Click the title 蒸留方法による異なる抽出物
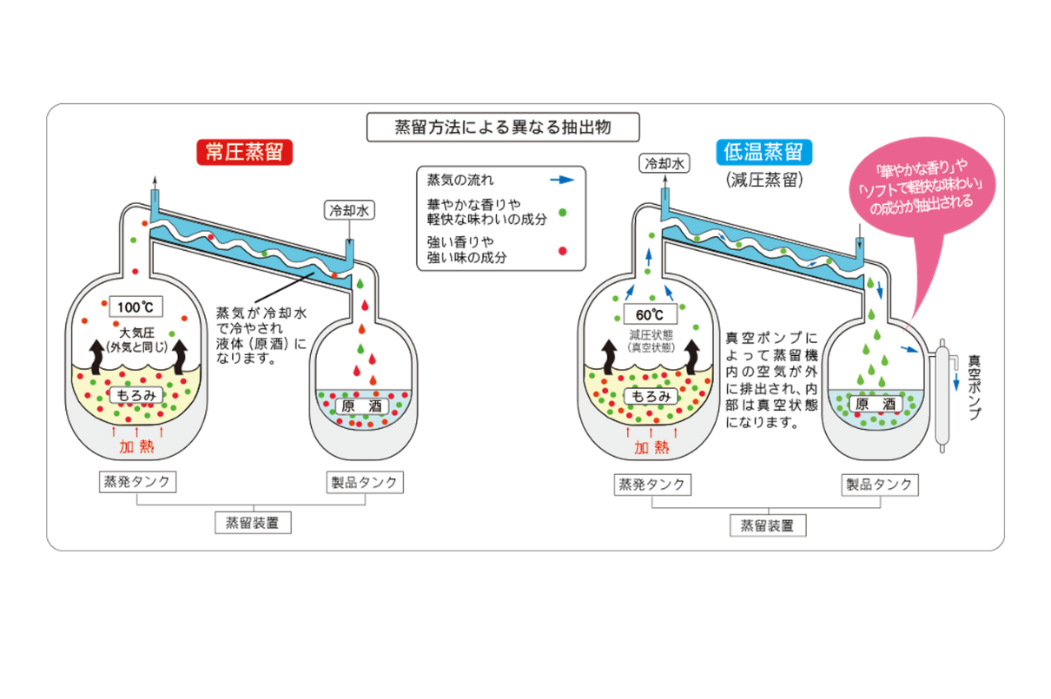tap(503, 127)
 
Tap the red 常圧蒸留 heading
tap(244, 153)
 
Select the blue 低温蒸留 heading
tap(765, 153)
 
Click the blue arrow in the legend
tap(563, 180)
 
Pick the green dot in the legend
tap(563, 211)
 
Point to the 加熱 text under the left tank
tap(137, 447)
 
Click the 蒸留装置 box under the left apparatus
tap(253, 523)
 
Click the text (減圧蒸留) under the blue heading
tap(763, 181)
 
